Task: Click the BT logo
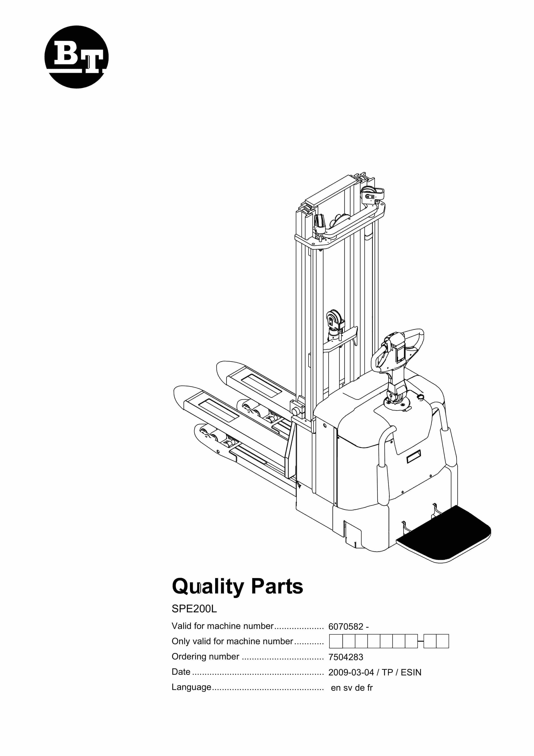click(76, 57)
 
